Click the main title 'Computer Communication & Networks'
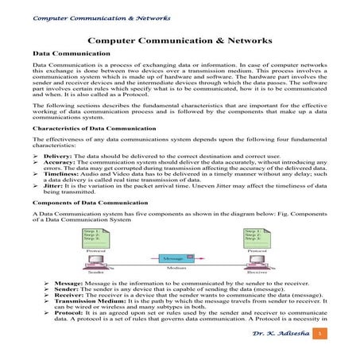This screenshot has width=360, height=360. pyautogui.click(x=180, y=40)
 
